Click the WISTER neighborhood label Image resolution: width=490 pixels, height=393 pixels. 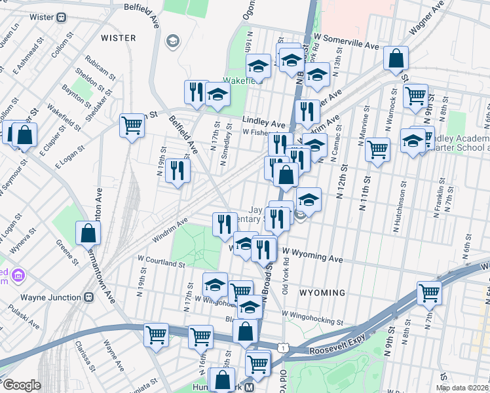point(119,38)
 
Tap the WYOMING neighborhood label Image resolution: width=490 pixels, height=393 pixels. point(323,292)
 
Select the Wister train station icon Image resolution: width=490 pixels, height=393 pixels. point(62,17)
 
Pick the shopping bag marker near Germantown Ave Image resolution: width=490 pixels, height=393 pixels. point(88,234)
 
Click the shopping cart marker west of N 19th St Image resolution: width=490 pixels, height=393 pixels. point(132,124)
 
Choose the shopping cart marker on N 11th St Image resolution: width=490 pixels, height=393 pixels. point(378,149)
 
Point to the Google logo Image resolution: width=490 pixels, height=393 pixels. point(22,385)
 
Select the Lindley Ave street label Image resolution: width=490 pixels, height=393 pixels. point(264,122)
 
